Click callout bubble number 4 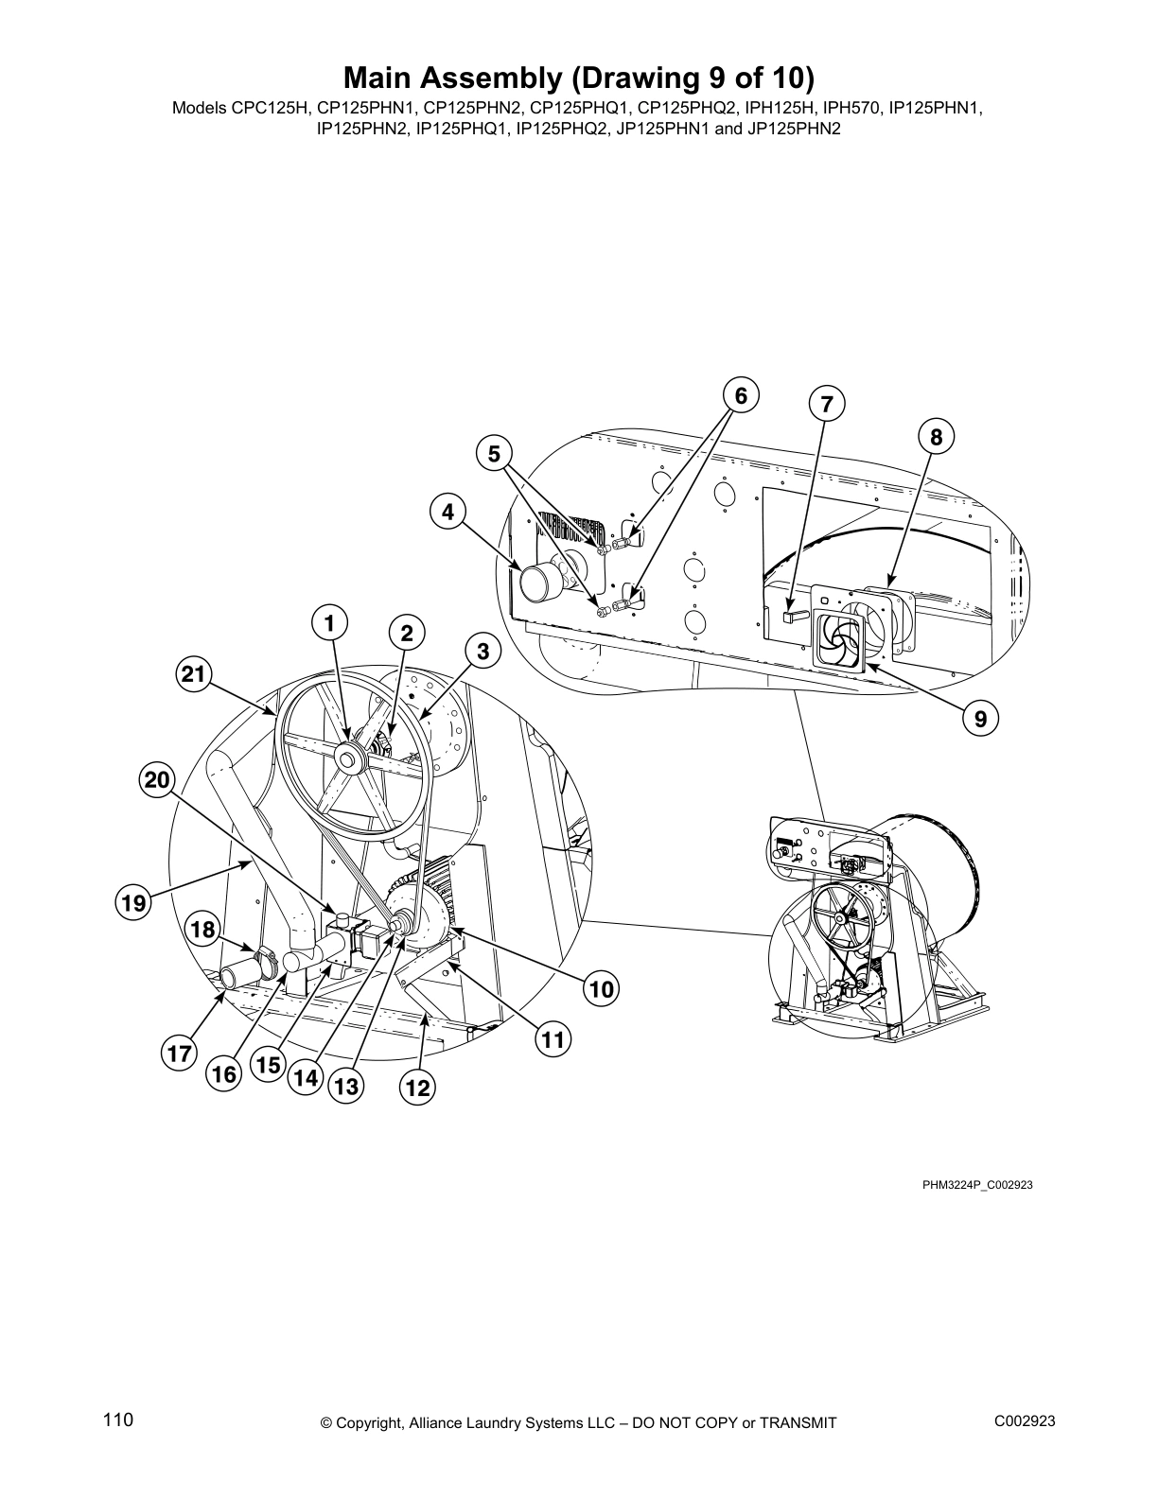click(x=447, y=513)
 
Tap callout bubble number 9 click(x=980, y=720)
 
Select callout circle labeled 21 click(x=193, y=674)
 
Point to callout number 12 click(x=417, y=1089)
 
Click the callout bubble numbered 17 click(x=180, y=1054)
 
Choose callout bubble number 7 click(x=826, y=405)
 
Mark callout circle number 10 click(x=602, y=990)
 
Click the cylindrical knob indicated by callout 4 click(x=536, y=582)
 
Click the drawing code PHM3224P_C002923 click(x=977, y=1184)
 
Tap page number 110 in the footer click(x=118, y=1420)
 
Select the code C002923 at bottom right click(x=1025, y=1420)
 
